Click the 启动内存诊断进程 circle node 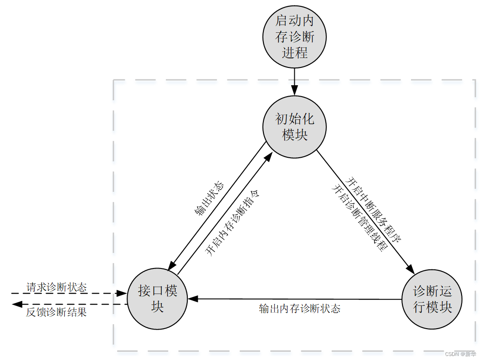coord(295,37)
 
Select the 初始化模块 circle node coord(295,127)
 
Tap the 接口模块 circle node coord(158,299)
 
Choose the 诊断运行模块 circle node coord(432,299)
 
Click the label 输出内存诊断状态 coord(299,309)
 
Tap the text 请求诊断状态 coord(56,287)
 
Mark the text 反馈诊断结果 coord(56,312)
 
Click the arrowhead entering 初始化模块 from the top coord(295,92)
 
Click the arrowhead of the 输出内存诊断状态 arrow coord(193,299)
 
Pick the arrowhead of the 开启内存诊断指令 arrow coord(270,156)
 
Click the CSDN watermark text coord(460,354)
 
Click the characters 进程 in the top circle coord(295,53)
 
